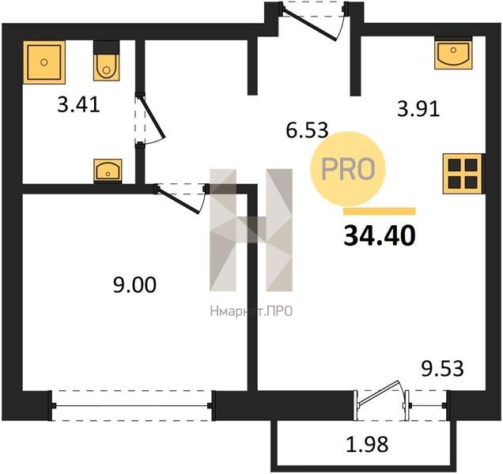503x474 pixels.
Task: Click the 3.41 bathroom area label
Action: pyautogui.click(x=78, y=104)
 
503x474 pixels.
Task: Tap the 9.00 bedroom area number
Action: pyautogui.click(x=134, y=285)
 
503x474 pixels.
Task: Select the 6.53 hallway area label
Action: pyautogui.click(x=307, y=130)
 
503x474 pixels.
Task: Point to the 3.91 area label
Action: pyautogui.click(x=418, y=109)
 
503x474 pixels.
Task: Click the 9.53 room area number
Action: pyautogui.click(x=442, y=368)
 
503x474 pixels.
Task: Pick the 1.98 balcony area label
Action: pyautogui.click(x=367, y=444)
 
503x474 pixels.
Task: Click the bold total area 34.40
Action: pyautogui.click(x=380, y=235)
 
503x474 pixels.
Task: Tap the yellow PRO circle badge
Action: pyautogui.click(x=348, y=168)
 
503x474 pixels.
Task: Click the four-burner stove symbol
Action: pyautogui.click(x=463, y=174)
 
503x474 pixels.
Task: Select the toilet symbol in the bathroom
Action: pyautogui.click(x=107, y=61)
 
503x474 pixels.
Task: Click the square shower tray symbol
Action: pyautogui.click(x=44, y=62)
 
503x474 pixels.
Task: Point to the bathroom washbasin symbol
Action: pyautogui.click(x=108, y=171)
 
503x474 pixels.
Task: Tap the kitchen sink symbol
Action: pyautogui.click(x=454, y=53)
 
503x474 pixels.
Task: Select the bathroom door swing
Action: pyautogui.click(x=149, y=119)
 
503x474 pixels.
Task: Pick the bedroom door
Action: pyautogui.click(x=181, y=199)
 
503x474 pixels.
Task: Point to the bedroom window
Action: pyautogui.click(x=132, y=406)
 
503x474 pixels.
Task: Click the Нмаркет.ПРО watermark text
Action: pyautogui.click(x=251, y=311)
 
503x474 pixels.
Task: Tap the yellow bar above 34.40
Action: pyautogui.click(x=380, y=211)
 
